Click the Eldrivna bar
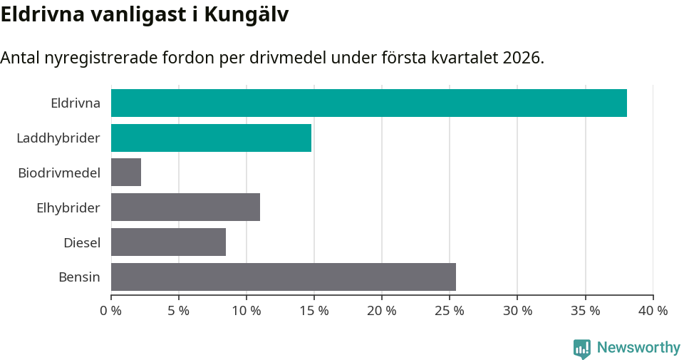pyautogui.click(x=368, y=103)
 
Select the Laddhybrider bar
pyautogui.click(x=211, y=138)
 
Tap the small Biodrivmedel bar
pyautogui.click(x=126, y=173)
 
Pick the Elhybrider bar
pyautogui.click(x=185, y=207)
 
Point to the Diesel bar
pyautogui.click(x=168, y=242)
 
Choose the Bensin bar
pyautogui.click(x=283, y=277)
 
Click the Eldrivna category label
pyautogui.click(x=76, y=103)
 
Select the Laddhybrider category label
pyautogui.click(x=58, y=138)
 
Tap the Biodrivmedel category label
pyautogui.click(x=59, y=173)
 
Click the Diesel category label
pyautogui.click(x=82, y=242)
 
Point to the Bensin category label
pyautogui.click(x=79, y=277)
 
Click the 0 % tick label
pyautogui.click(x=111, y=311)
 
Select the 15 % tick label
pyautogui.click(x=314, y=311)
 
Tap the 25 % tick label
pyautogui.click(x=450, y=311)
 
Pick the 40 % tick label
pyautogui.click(x=653, y=311)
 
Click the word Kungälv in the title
pyautogui.click(x=247, y=14)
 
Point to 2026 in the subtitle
pyautogui.click(x=521, y=58)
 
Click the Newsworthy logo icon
pyautogui.click(x=582, y=348)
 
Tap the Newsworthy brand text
pyautogui.click(x=638, y=348)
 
